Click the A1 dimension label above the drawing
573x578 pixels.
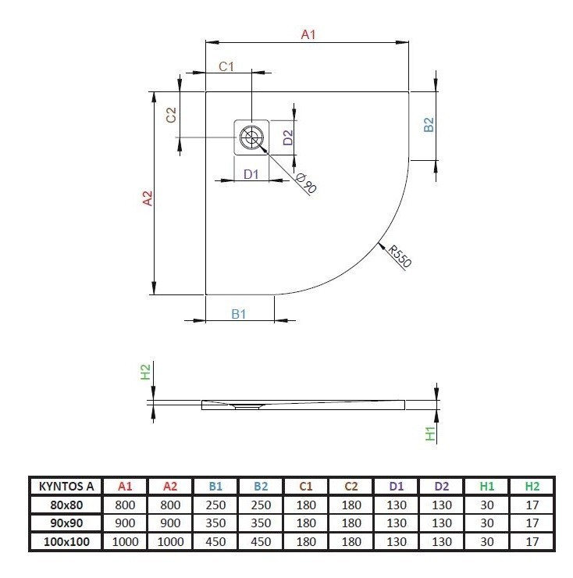(308, 34)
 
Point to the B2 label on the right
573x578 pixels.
(428, 125)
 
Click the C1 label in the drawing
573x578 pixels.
(226, 67)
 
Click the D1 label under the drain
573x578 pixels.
(251, 174)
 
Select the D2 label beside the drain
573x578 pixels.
(287, 138)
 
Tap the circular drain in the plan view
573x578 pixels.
(251, 138)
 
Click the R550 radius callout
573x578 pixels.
(400, 256)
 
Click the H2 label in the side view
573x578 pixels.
(145, 373)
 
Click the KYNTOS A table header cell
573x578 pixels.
(66, 486)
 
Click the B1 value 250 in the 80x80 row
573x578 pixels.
(216, 505)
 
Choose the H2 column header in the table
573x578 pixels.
(532, 486)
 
